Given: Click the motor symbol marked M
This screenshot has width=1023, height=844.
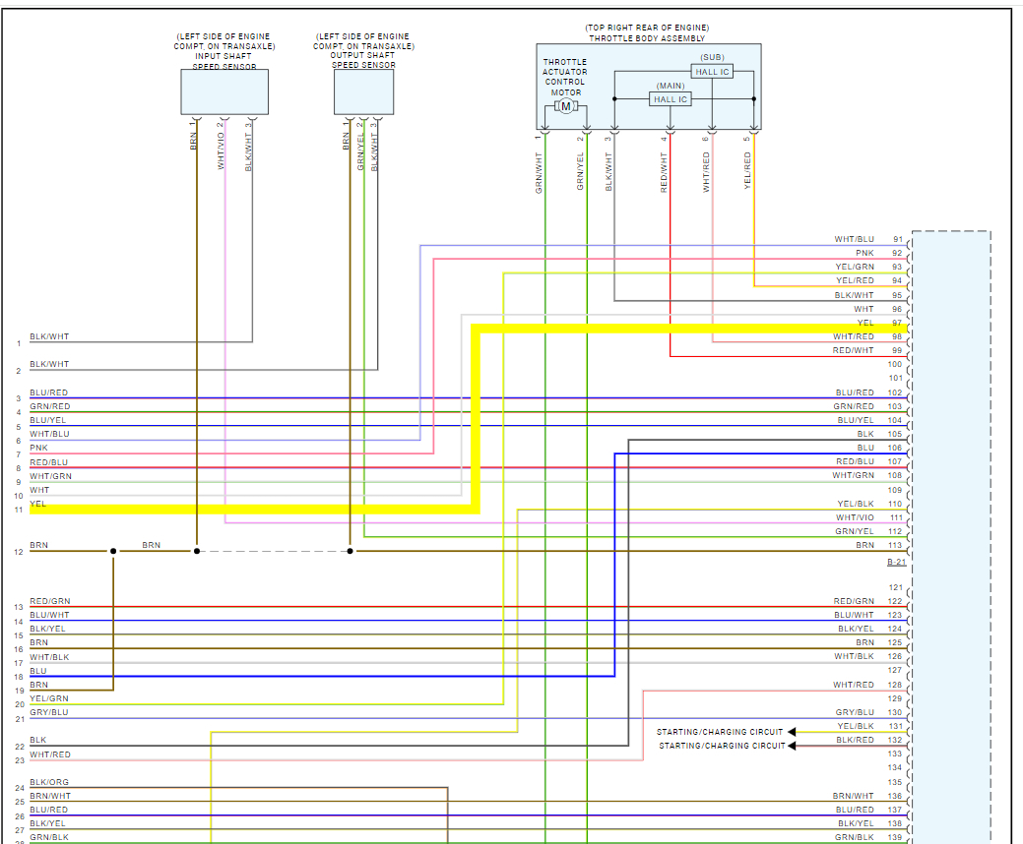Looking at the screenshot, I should click(565, 106).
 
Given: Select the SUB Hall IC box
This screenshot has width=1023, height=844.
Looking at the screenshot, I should click(712, 72).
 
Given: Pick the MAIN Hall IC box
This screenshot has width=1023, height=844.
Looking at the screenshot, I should click(671, 99).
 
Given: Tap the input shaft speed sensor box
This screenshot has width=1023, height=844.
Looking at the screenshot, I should click(224, 92).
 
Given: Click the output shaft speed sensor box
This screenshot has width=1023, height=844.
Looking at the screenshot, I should click(363, 92).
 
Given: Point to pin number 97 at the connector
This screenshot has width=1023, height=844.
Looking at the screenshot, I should click(896, 323).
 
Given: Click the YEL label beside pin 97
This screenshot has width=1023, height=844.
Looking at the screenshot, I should click(865, 323).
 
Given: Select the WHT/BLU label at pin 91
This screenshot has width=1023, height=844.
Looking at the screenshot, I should click(854, 240).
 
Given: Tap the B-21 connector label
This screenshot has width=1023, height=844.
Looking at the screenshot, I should click(896, 562).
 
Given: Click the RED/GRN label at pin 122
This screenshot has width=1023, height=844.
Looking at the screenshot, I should click(854, 601).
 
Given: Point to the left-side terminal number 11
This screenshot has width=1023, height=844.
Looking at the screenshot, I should click(19, 510).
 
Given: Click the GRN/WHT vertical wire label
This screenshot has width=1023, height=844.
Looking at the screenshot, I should click(540, 171).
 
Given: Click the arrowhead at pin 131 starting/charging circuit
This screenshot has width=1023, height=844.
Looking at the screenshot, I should click(792, 732).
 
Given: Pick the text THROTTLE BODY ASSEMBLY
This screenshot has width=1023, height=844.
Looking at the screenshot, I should click(647, 38).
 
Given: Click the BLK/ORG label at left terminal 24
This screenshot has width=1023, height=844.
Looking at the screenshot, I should click(49, 782).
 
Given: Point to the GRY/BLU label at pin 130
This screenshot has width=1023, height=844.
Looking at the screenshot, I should click(854, 712).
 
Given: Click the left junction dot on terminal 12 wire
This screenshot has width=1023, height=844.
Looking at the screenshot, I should click(113, 551).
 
